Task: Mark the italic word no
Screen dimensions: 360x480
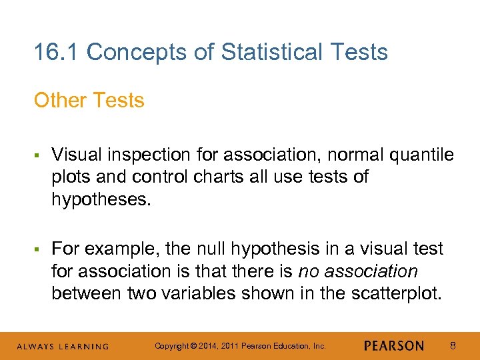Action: pos(307,271)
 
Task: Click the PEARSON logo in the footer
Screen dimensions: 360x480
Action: pos(394,346)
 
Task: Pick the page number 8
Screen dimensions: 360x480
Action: pos(453,346)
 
